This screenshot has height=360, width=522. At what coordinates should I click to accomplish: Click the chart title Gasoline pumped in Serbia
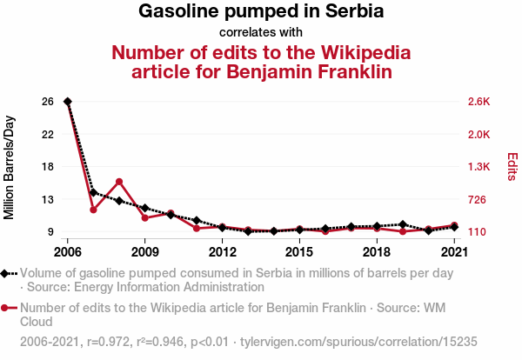click(261, 12)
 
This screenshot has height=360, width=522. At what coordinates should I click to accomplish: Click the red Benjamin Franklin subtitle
click(261, 61)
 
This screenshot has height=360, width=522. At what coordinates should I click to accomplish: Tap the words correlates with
click(261, 33)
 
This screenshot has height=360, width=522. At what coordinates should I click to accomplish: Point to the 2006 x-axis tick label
click(68, 252)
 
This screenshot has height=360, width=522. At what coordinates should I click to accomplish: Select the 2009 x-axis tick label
click(144, 252)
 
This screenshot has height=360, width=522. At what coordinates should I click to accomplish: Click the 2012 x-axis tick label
click(222, 252)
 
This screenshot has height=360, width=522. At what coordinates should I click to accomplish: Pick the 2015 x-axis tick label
click(299, 252)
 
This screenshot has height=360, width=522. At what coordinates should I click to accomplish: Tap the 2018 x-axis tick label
click(376, 252)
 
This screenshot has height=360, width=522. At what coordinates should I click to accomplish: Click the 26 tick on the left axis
click(48, 102)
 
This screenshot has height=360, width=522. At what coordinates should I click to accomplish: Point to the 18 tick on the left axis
click(48, 167)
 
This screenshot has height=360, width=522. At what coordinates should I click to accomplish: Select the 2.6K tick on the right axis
click(479, 102)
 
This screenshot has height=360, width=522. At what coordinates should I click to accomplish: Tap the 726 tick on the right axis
click(478, 200)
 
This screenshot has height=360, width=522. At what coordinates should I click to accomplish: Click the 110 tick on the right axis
click(478, 232)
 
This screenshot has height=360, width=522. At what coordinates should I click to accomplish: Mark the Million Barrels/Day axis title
click(10, 167)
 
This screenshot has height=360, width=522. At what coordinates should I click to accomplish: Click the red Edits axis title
click(512, 167)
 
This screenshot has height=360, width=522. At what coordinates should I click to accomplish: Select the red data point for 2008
click(119, 182)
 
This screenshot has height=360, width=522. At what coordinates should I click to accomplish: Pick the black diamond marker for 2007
click(93, 192)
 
